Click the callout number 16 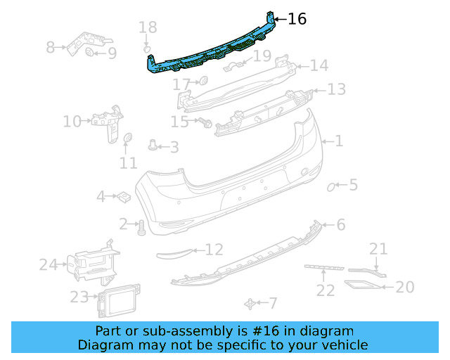[x=297, y=19]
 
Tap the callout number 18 [x=148, y=28]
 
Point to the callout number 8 [x=51, y=48]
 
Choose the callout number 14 [x=319, y=66]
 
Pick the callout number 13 [x=336, y=90]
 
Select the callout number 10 [x=72, y=122]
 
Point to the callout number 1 [x=338, y=141]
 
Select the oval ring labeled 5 [x=331, y=186]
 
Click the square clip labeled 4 [x=122, y=196]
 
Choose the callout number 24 [x=48, y=265]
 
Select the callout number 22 [x=324, y=290]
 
